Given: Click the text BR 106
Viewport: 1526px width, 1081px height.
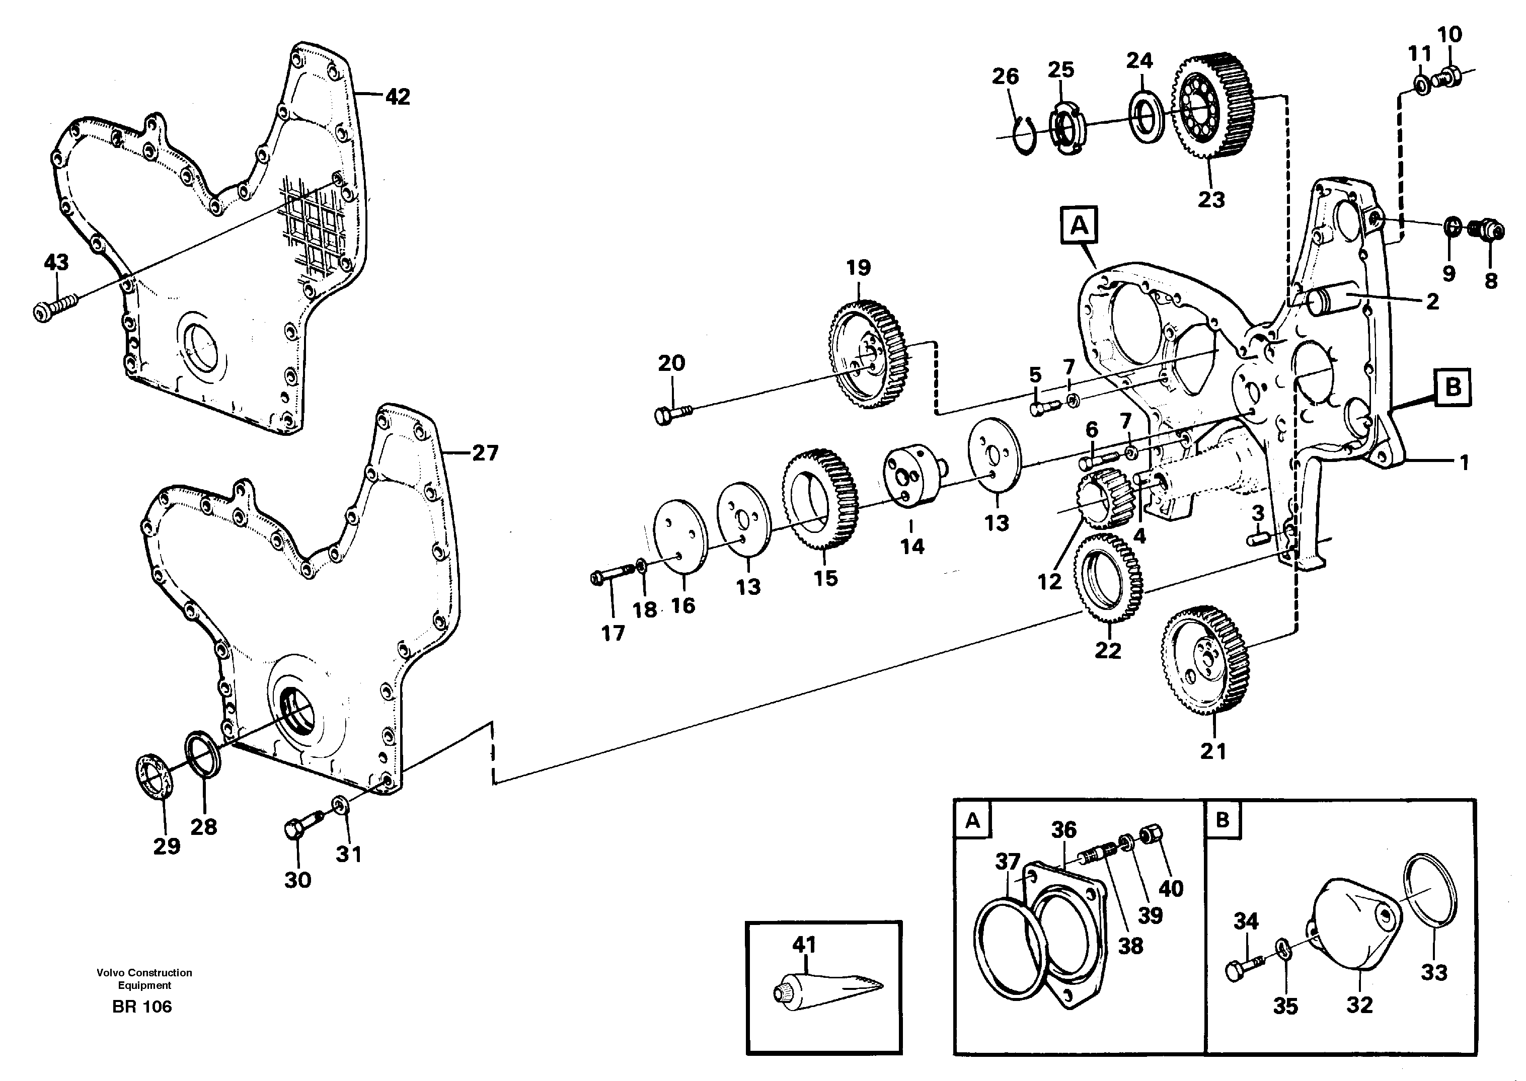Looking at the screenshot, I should [x=142, y=1007].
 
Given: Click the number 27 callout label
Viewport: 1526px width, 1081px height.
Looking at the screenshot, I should [x=485, y=454].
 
